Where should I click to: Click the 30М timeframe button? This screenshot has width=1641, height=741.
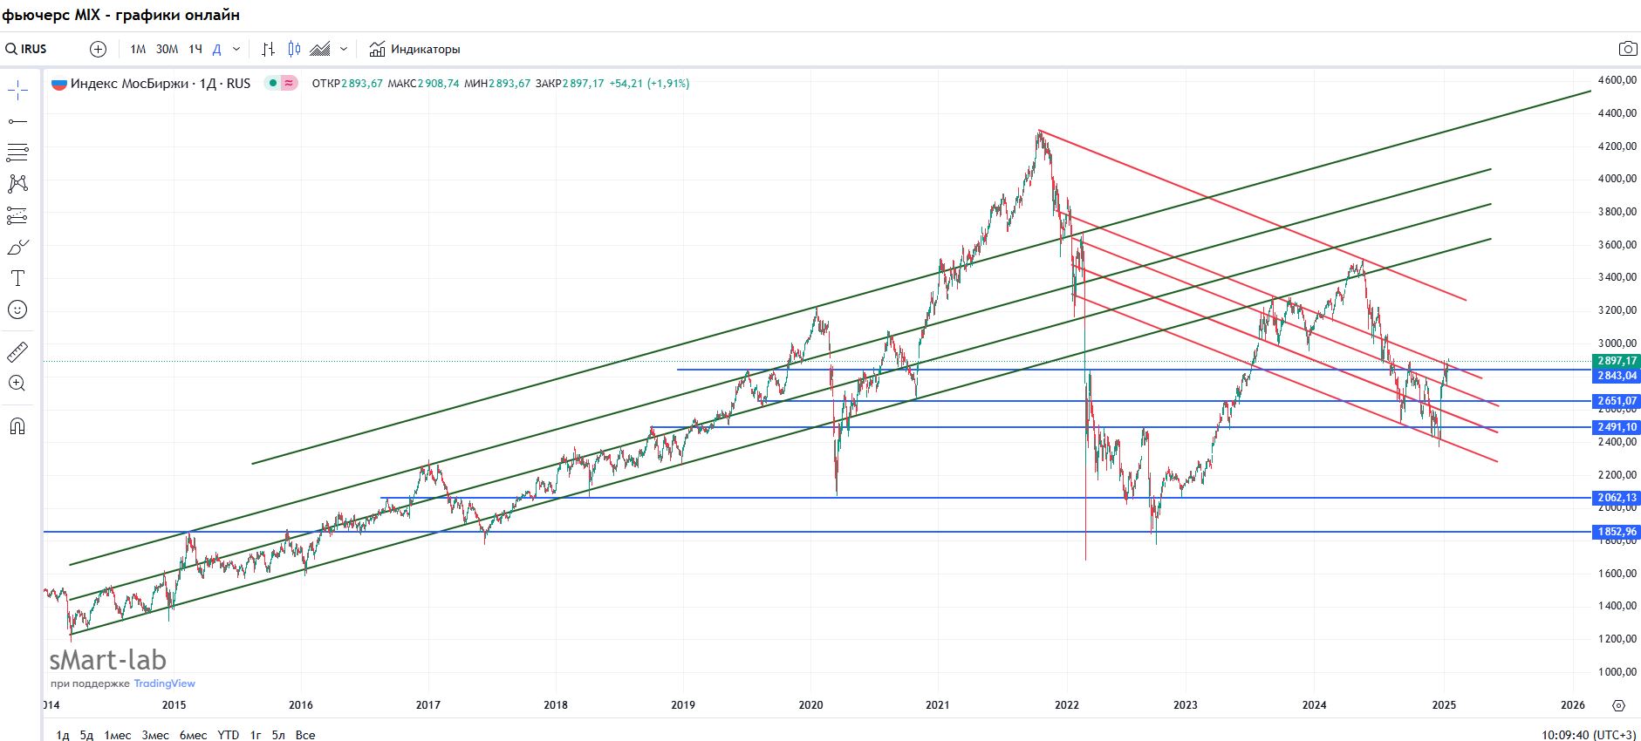coord(167,49)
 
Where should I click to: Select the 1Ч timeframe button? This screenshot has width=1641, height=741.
coord(195,49)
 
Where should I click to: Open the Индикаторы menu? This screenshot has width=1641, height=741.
coord(414,49)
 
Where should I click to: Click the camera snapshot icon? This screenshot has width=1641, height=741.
coord(1627,49)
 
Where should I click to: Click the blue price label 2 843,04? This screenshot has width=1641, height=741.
coord(1617,376)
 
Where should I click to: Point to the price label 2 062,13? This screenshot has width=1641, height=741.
coord(1617,498)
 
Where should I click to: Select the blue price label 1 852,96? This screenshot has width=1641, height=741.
coord(1617,532)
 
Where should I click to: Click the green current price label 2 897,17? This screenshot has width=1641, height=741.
coord(1617,361)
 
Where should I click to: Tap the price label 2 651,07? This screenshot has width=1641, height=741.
coord(1617,401)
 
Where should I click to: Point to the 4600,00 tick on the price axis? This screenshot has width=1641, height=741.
coord(1617,80)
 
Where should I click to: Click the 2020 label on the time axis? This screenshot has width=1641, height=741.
coord(811,704)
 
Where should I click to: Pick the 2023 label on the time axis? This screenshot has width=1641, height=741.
coord(1186,704)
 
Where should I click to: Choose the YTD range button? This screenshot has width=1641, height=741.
coord(228,735)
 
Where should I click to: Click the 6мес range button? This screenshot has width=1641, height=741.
coord(193,735)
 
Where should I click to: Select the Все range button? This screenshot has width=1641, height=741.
coord(305,735)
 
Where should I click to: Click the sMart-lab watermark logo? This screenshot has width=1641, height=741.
coord(107,660)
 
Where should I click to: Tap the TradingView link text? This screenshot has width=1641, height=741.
coord(164,683)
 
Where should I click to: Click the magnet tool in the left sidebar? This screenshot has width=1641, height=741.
coord(17,426)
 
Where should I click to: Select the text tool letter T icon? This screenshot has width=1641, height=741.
coord(17,278)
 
